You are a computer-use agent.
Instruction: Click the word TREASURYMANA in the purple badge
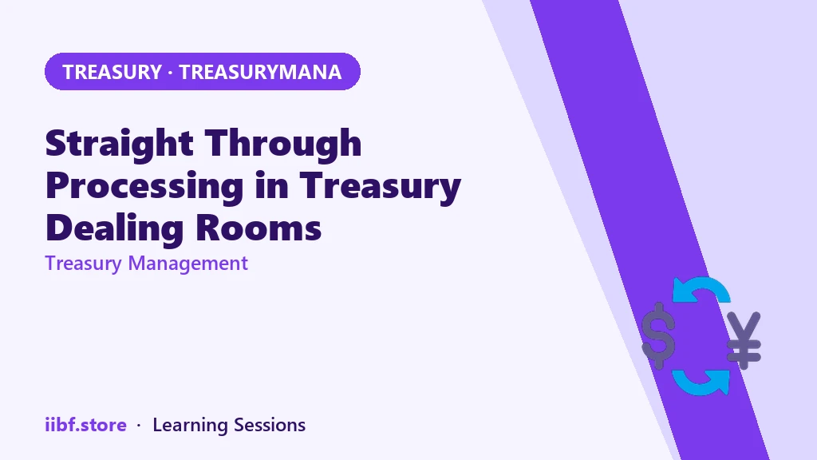(260, 72)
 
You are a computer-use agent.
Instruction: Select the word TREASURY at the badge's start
(112, 72)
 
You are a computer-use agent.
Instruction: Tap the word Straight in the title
(120, 144)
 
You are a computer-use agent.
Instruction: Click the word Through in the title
(283, 144)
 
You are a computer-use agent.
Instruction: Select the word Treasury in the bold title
(381, 185)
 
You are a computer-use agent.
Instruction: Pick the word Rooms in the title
(259, 228)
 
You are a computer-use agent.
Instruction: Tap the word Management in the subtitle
(188, 264)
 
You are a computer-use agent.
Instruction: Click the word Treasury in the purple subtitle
(83, 264)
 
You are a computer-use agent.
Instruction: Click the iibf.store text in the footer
(86, 425)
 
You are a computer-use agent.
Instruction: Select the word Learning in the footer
(190, 426)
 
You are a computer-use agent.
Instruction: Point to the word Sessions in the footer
(270, 425)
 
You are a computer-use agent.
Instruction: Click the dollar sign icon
(658, 335)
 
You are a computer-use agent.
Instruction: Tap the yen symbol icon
(744, 340)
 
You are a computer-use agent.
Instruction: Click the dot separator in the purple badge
(171, 73)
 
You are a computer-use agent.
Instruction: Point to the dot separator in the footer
(139, 426)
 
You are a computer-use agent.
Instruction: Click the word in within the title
(271, 185)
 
